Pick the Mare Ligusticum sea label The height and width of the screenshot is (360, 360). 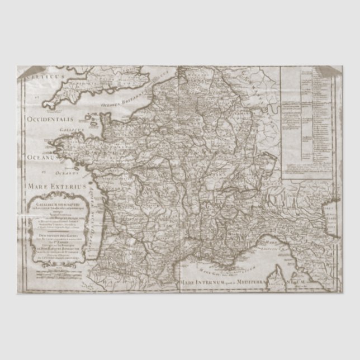tap(277, 244)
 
